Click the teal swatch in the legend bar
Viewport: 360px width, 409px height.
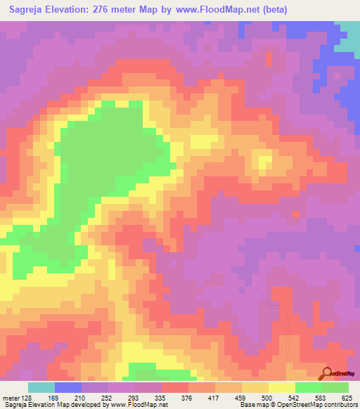coord(41,387)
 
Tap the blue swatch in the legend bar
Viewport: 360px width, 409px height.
coord(68,387)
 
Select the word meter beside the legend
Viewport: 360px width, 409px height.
coord(11,397)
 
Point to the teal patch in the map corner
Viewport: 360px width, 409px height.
coord(349,39)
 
